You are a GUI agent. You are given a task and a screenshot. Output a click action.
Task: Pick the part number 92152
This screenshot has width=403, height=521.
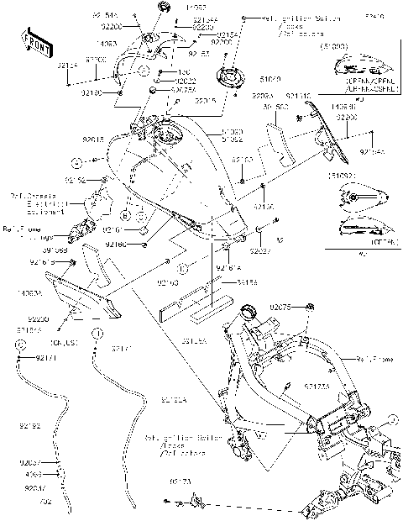(76, 179)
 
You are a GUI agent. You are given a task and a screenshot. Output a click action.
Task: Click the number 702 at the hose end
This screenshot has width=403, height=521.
(45, 502)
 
